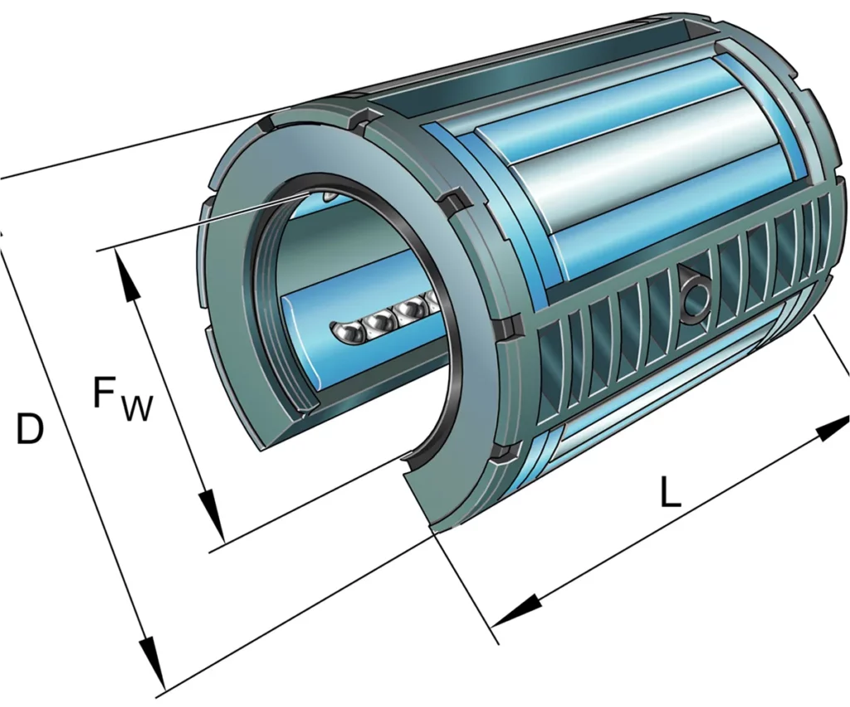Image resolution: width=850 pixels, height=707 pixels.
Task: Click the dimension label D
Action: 30,429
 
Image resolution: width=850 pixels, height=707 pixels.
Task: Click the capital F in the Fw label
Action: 105,393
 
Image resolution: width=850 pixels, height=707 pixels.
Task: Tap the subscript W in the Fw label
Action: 137,408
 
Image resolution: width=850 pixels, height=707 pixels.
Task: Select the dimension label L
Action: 670,494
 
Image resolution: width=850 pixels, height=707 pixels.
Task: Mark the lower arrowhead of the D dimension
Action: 150,659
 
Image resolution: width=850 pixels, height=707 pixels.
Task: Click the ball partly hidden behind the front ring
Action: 432,302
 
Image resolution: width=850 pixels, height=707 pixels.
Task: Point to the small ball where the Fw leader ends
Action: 330,197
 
